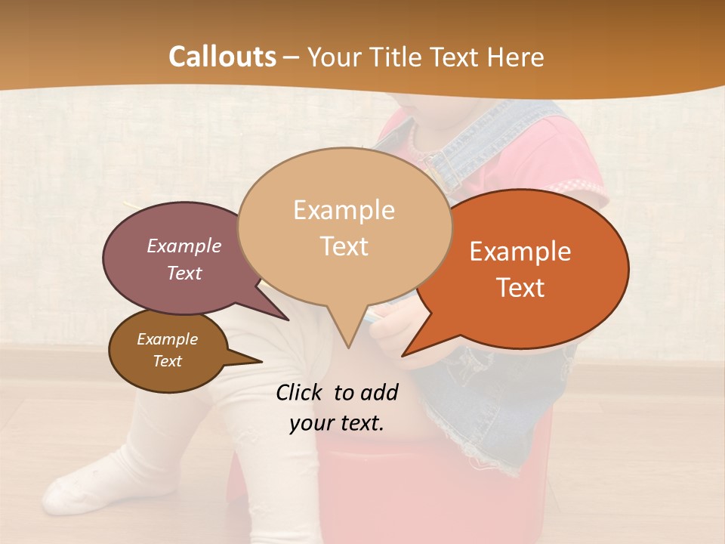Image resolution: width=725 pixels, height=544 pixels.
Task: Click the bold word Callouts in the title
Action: [x=222, y=57]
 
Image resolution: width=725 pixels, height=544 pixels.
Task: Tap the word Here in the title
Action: [x=516, y=57]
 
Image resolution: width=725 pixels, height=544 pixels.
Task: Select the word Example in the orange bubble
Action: [x=520, y=252]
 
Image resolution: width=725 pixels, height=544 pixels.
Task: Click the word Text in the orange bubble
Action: [x=520, y=288]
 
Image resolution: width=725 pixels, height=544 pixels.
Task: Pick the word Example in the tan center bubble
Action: [x=344, y=210]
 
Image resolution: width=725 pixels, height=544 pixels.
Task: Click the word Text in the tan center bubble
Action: [x=344, y=246]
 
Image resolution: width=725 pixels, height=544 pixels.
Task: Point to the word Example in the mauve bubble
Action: [x=184, y=246]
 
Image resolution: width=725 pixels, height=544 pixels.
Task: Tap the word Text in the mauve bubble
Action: [x=184, y=273]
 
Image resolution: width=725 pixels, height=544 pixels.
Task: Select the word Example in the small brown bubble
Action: [x=167, y=339]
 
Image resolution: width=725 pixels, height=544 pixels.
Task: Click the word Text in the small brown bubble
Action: [x=167, y=361]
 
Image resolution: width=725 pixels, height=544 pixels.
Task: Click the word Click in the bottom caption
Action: [x=301, y=392]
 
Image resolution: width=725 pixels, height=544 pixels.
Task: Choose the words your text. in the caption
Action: [x=336, y=423]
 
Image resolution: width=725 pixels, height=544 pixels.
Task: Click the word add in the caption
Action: [x=380, y=392]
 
